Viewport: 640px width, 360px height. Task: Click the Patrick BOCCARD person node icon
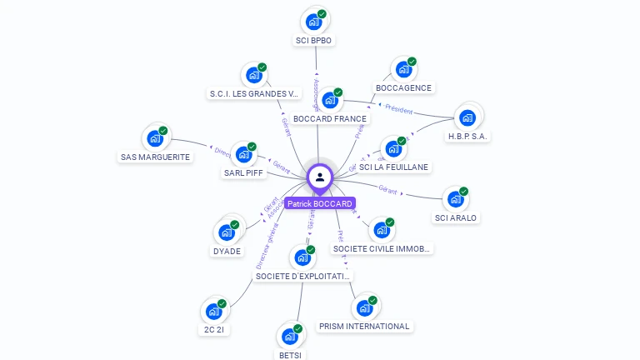coord(320,177)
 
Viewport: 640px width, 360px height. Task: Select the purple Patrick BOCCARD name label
coord(320,203)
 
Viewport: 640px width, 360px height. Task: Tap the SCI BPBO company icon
coord(313,22)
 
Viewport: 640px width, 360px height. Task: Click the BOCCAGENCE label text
coord(403,88)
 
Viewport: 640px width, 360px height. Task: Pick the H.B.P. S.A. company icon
coord(467,117)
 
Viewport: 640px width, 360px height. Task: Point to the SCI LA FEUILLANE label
coord(393,167)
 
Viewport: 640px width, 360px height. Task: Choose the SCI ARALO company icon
coord(455,200)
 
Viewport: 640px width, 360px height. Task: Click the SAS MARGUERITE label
coord(155,157)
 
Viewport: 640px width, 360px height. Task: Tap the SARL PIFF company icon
coord(244,155)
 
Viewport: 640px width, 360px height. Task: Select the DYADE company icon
coord(226,232)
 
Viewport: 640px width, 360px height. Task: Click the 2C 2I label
coord(213,329)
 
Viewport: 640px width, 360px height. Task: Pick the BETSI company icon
coord(289,337)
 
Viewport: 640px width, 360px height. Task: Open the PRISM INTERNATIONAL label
coord(364,326)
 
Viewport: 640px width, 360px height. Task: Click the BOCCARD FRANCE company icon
coord(330,101)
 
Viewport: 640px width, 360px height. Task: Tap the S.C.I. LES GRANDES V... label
coord(253,93)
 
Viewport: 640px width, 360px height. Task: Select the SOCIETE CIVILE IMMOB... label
coord(382,248)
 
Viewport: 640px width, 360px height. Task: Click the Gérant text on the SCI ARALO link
coord(387,189)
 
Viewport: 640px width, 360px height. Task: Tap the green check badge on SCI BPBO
coord(322,14)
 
